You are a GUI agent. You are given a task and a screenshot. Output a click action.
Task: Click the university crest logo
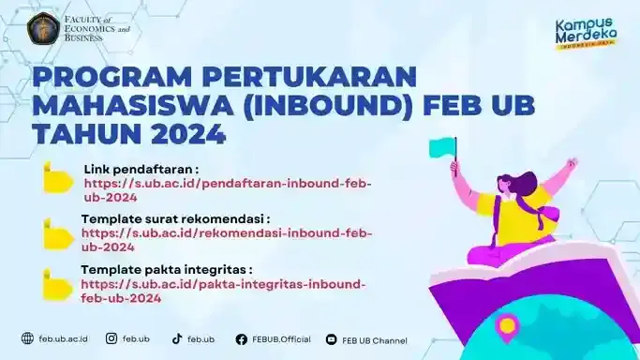pos(43,29)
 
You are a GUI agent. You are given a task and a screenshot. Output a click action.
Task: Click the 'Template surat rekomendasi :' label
pos(175,218)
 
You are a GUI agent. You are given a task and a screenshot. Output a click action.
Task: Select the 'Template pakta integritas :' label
pos(167,269)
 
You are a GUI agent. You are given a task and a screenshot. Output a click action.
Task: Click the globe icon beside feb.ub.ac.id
pos(27,338)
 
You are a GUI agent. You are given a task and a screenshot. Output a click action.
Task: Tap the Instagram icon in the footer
pos(112,338)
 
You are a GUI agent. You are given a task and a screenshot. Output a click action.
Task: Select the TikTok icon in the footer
pos(176,338)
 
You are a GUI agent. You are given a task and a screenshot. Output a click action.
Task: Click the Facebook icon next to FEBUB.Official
pos(241,339)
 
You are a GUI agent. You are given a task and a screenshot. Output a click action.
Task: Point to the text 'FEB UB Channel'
pos(375,339)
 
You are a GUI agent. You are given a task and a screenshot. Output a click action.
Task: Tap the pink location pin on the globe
pos(507,326)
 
